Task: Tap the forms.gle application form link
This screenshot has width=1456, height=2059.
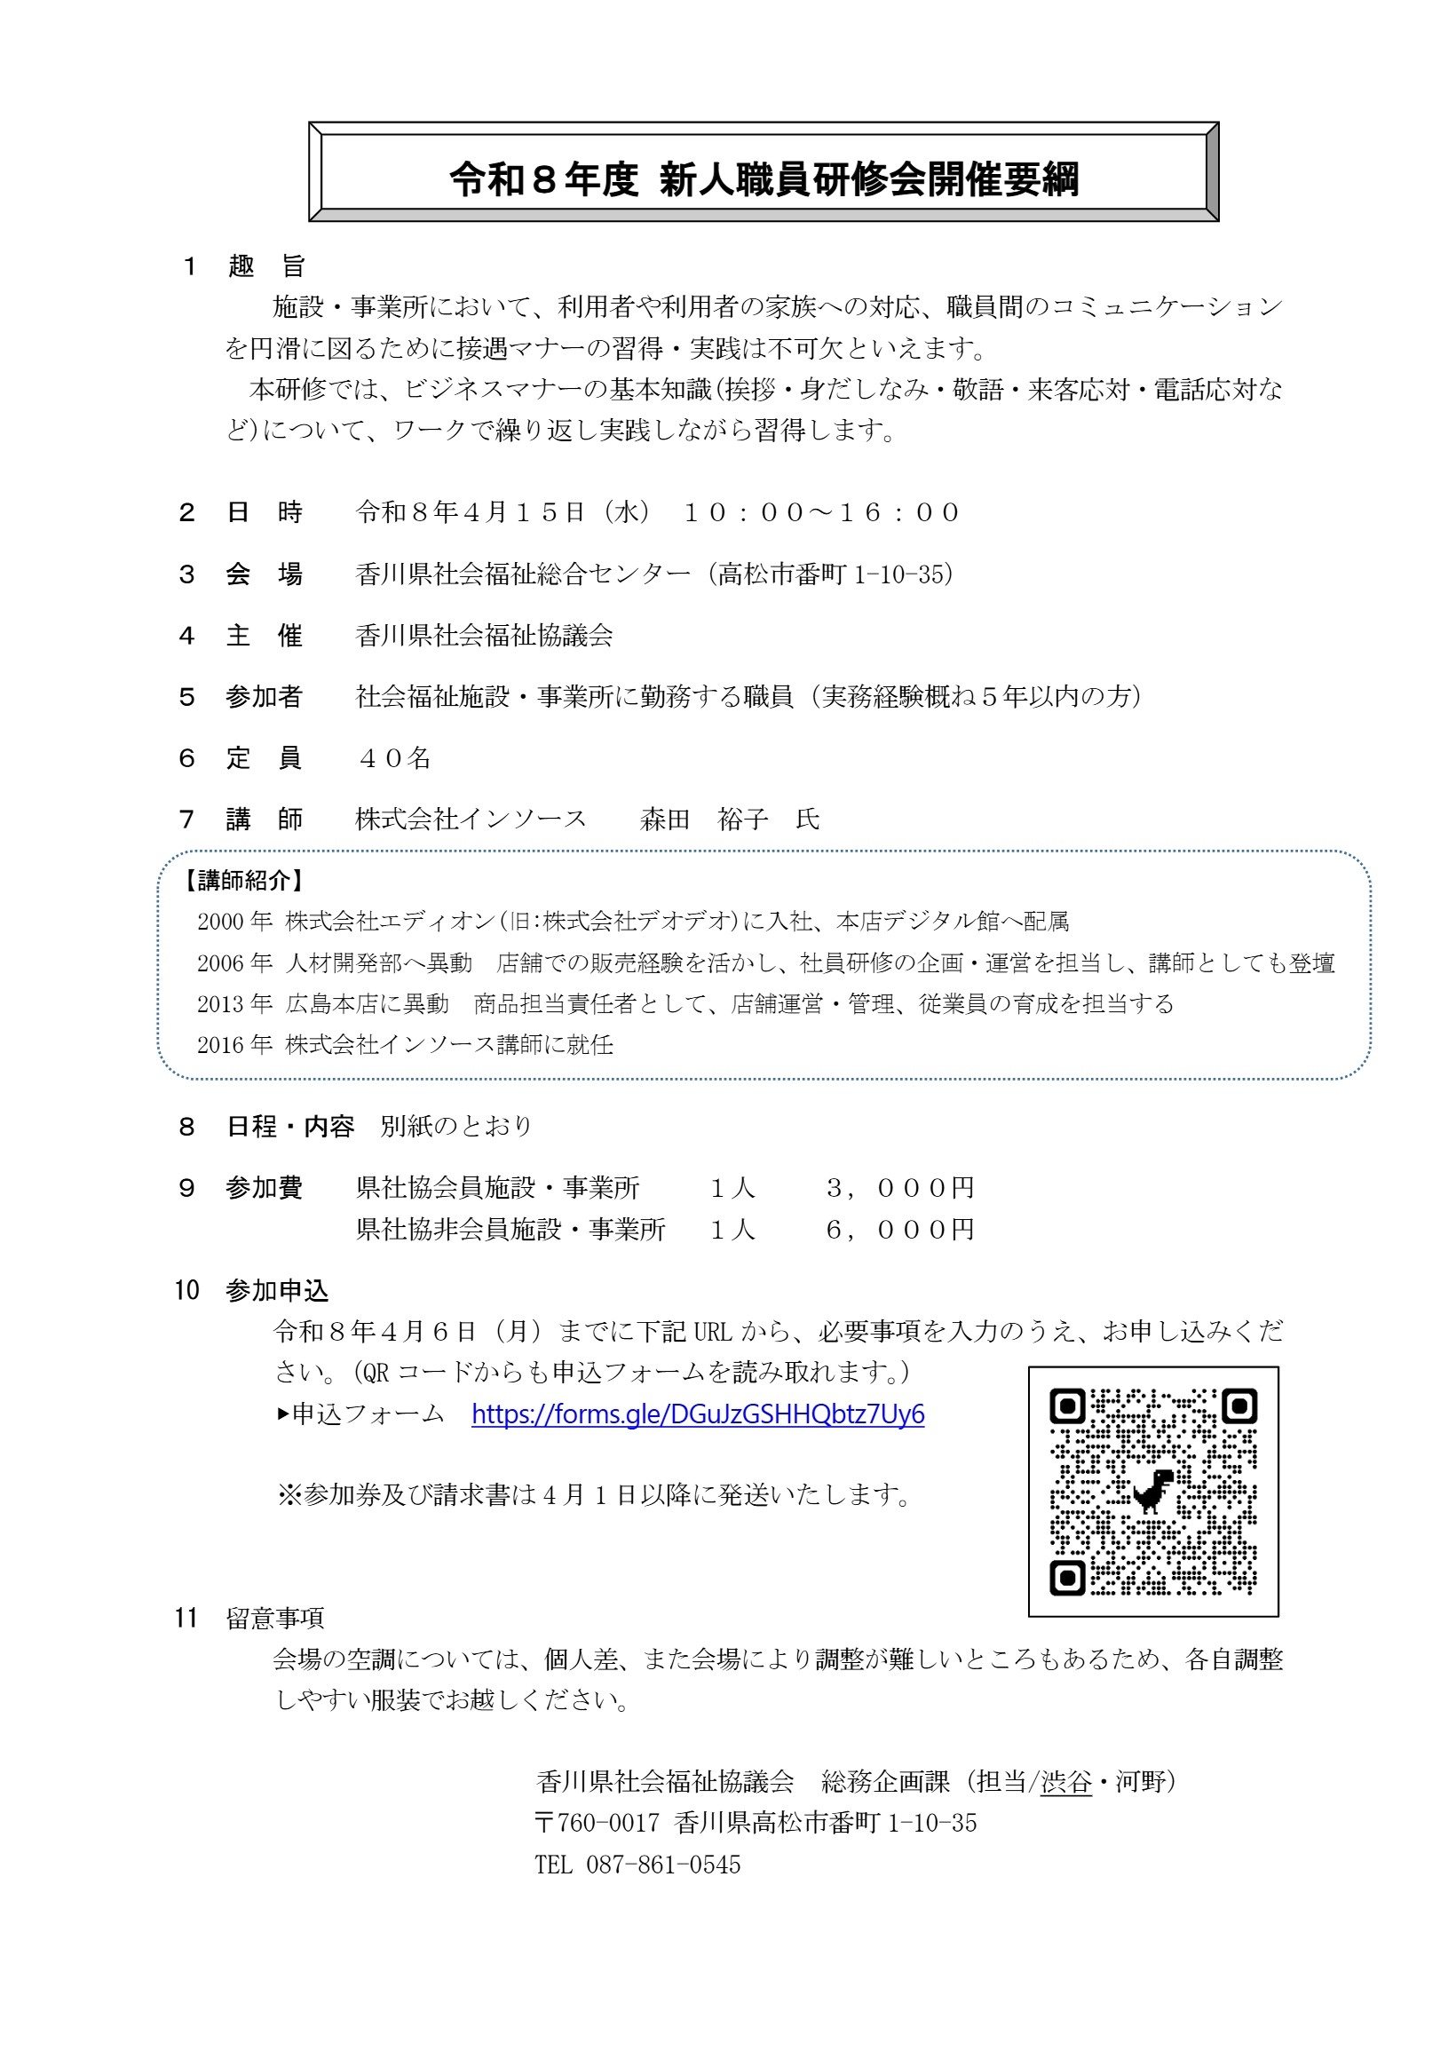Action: pos(698,1414)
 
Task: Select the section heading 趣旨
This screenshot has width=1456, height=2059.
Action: pos(266,266)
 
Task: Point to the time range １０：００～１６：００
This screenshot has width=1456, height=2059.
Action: pos(821,513)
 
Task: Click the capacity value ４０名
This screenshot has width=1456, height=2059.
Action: pos(394,758)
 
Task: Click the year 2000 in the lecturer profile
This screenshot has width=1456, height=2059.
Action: pos(222,922)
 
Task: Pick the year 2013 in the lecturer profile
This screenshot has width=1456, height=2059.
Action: pos(222,1004)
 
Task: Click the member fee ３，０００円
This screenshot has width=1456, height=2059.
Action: pos(899,1188)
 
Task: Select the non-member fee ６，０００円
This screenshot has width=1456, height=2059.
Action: pos(899,1230)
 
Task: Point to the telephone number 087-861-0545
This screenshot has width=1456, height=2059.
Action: pos(663,1865)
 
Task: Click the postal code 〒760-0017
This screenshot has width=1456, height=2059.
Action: pos(597,1823)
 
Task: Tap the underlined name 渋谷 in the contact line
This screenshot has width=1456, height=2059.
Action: pos(1066,1782)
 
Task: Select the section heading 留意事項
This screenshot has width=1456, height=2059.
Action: pos(274,1619)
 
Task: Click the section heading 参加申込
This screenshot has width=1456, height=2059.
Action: pos(277,1291)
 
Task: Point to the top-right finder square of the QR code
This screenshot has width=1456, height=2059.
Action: pos(1238,1406)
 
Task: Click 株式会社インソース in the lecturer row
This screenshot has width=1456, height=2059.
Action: pos(471,820)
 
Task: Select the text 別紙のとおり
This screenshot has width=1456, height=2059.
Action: pos(456,1127)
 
